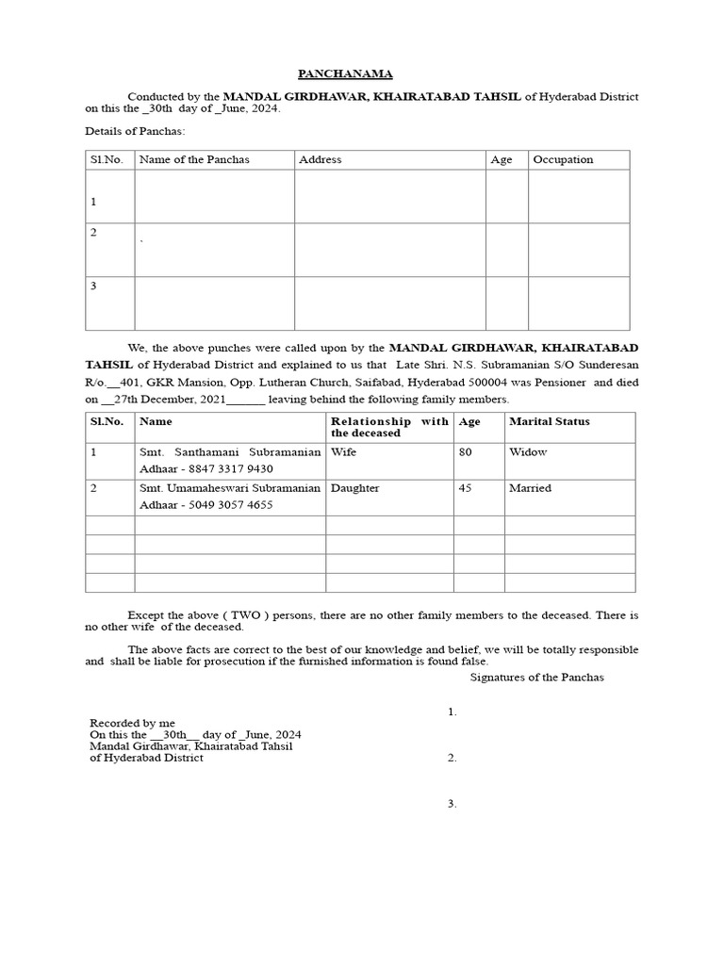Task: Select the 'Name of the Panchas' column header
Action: click(194, 160)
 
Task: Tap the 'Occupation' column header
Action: click(563, 160)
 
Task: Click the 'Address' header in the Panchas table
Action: click(320, 160)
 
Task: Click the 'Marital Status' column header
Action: click(550, 421)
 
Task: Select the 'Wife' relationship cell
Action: click(343, 452)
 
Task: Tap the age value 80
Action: click(465, 452)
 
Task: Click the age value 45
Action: click(465, 488)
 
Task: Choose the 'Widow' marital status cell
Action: click(528, 452)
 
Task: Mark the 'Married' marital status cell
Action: click(531, 488)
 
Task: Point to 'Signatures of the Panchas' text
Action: click(536, 677)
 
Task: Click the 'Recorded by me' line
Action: click(132, 723)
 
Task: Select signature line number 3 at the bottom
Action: click(452, 804)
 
